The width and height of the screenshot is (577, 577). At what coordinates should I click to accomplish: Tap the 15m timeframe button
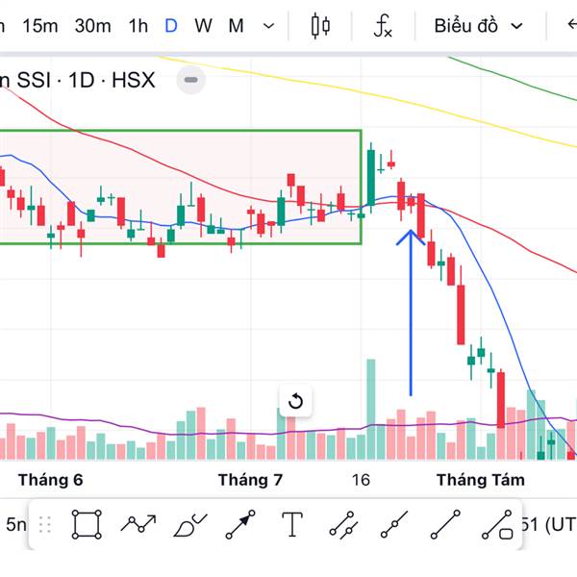point(39,26)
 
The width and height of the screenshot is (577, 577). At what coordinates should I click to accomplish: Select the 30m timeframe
point(92,26)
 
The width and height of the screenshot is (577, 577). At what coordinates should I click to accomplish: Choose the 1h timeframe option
point(138,26)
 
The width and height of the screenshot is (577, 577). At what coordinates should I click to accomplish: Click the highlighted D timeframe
point(171,26)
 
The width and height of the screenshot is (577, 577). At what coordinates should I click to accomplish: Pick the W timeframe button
point(203,26)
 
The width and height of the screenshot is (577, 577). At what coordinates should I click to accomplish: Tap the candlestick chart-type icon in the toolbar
point(320,26)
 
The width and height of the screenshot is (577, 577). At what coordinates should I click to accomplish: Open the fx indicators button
point(383,26)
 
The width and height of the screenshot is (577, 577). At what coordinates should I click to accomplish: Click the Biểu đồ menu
point(478,26)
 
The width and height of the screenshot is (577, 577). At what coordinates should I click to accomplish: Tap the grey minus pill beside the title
point(191,80)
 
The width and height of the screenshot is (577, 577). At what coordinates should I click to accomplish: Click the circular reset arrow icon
point(295,401)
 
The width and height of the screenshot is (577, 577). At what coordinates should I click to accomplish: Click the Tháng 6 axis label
point(51,479)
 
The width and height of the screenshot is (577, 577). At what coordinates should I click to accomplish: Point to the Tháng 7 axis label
point(250,479)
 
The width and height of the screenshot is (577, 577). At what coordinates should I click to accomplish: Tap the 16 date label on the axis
point(361,479)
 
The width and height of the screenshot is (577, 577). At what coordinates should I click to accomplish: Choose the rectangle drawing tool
point(87,525)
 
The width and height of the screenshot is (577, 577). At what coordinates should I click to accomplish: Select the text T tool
point(292,525)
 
